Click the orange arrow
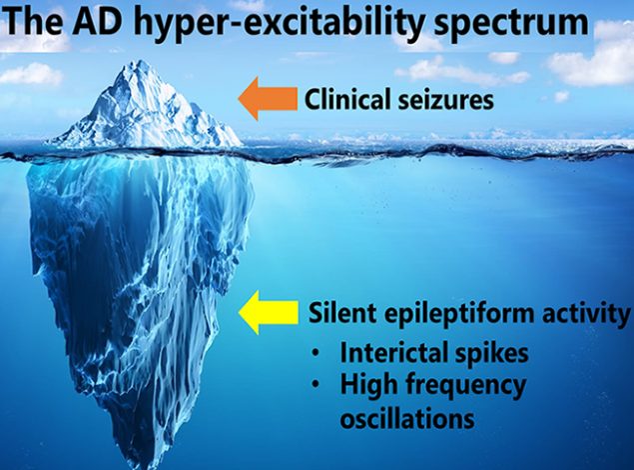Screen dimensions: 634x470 pyautogui.click(x=268, y=99)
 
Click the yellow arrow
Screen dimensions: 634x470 pyautogui.click(x=269, y=312)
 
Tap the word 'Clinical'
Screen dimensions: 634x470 pyautogui.click(x=348, y=100)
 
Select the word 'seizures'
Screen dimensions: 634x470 pyautogui.click(x=446, y=101)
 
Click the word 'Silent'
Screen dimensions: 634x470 pyautogui.click(x=342, y=313)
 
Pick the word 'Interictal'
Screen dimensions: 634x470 pyautogui.click(x=390, y=352)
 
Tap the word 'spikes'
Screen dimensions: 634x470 pyautogui.click(x=487, y=353)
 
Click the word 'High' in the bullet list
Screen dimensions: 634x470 pyautogui.click(x=368, y=386)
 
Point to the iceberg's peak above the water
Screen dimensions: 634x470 pyautogui.click(x=140, y=62)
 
